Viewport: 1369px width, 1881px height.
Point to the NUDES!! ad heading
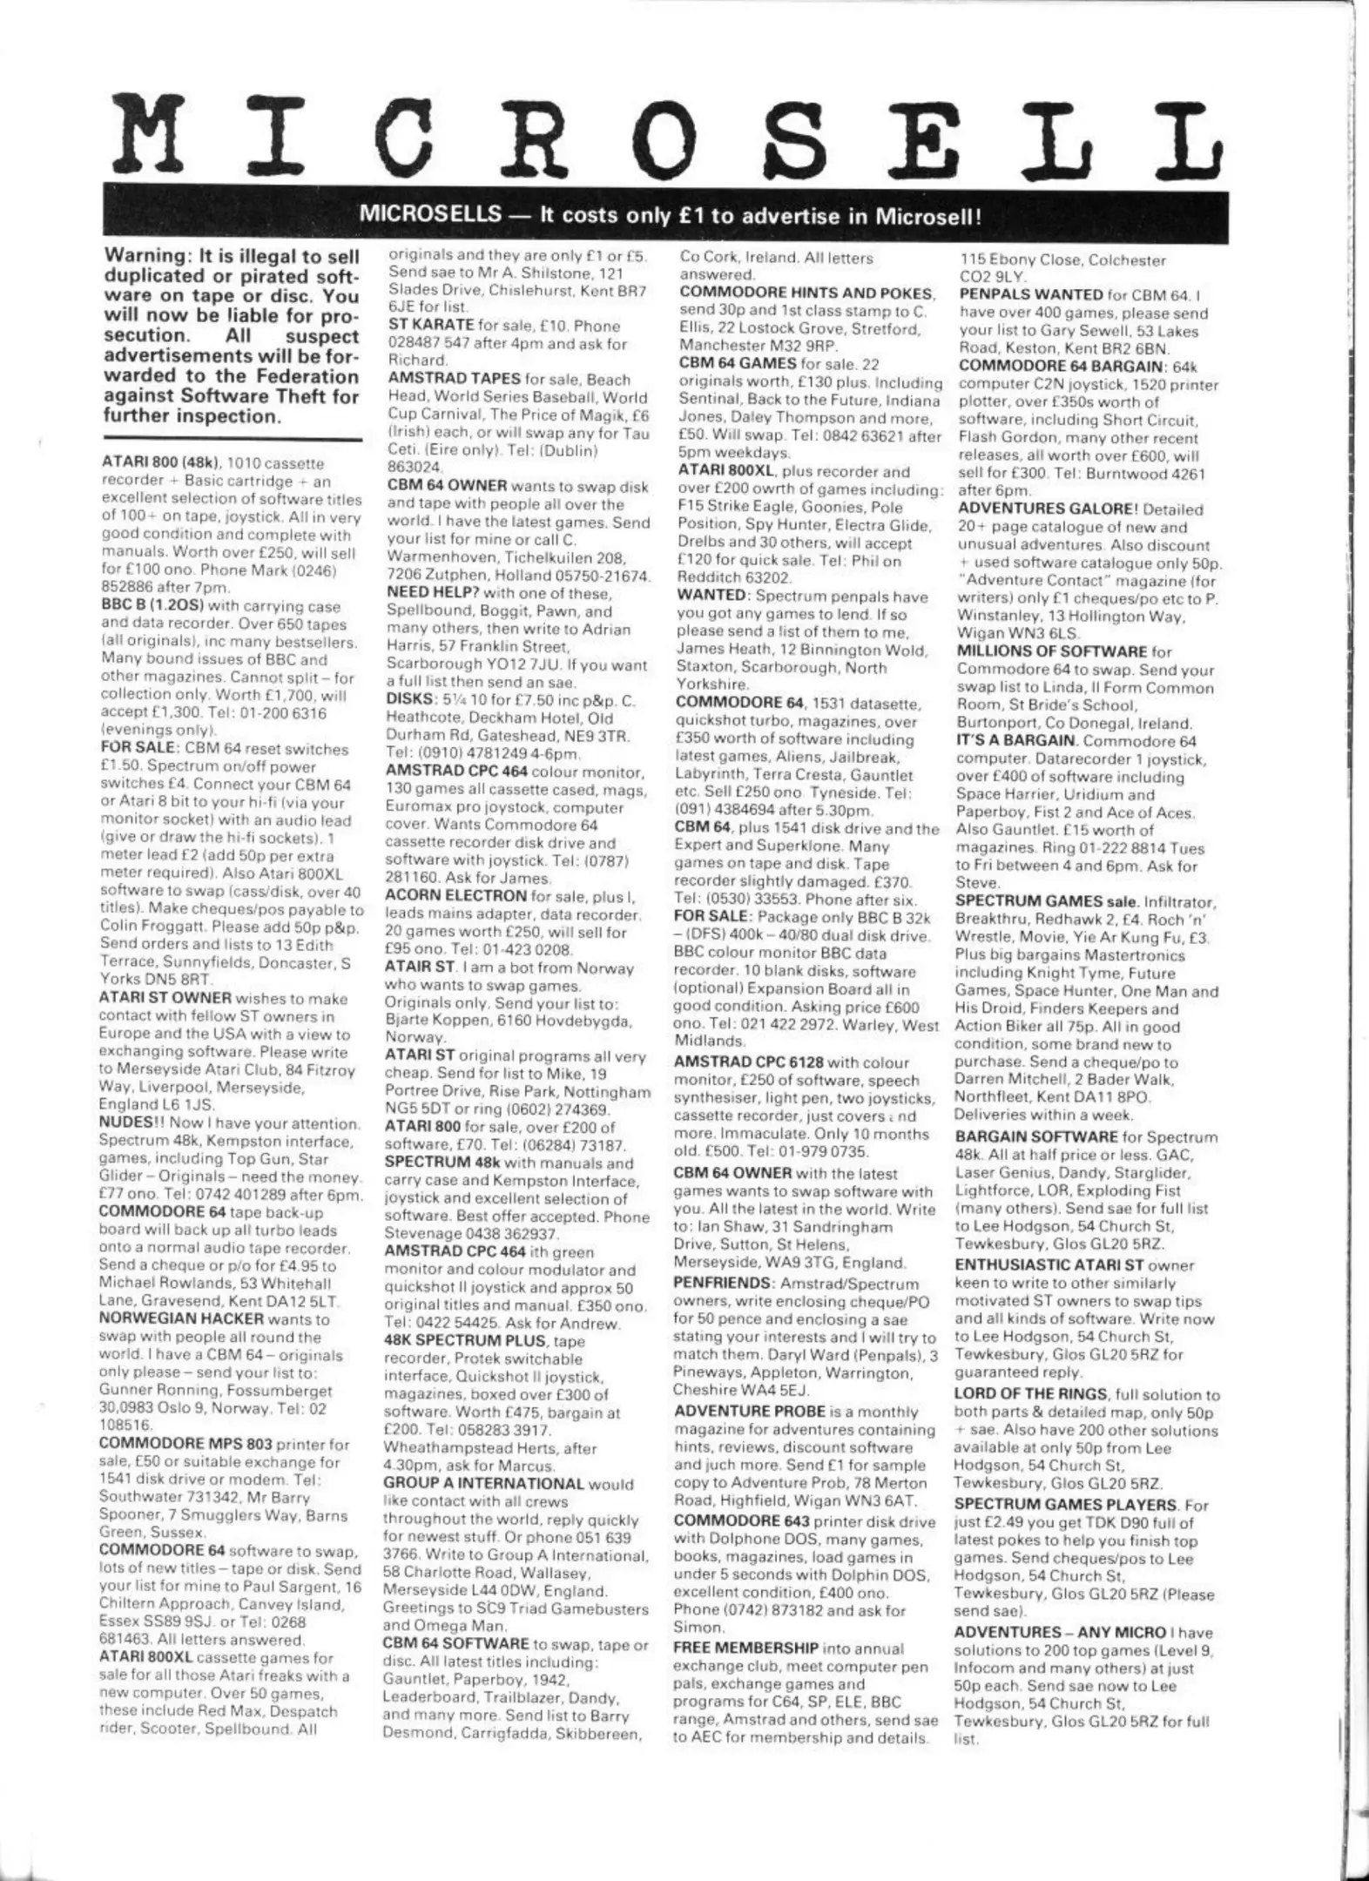click(x=130, y=1123)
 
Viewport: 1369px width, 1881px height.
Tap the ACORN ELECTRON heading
click(x=455, y=896)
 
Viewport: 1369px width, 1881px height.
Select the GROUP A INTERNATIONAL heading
click(x=484, y=1484)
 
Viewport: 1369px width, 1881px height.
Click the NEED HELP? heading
click(x=428, y=594)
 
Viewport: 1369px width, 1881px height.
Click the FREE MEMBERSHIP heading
click(x=746, y=1648)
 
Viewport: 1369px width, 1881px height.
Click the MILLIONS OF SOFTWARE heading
click(x=1051, y=651)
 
